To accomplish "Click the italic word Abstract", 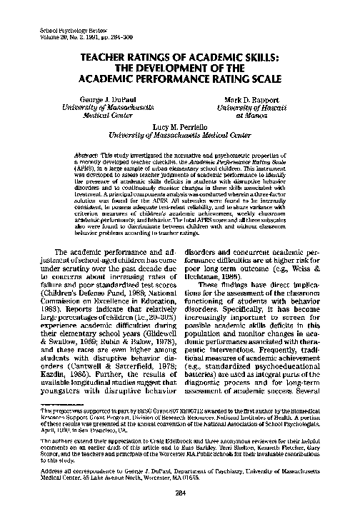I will click(x=87, y=154).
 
